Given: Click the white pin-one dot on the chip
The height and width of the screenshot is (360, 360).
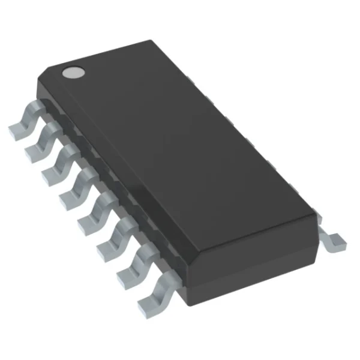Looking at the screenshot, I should tap(73, 72).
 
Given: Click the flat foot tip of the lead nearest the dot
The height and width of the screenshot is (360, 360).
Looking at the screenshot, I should tap(16, 128).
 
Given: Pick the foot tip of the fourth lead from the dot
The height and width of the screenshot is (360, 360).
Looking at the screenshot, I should tap(67, 197).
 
